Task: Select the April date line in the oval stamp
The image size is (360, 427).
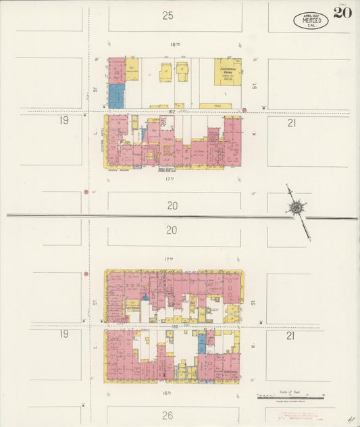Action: tap(311, 15)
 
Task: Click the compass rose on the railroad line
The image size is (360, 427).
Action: tap(296, 207)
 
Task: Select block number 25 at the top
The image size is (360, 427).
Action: tap(168, 15)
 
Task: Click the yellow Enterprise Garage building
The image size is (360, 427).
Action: tap(228, 71)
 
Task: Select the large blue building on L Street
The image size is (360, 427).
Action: tap(116, 95)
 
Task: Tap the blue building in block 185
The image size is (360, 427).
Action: tap(201, 343)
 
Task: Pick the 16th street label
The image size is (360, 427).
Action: tap(168, 392)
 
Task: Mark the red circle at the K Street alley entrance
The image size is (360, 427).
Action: tap(245, 108)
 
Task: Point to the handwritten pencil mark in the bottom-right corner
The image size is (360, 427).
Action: tap(350, 420)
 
